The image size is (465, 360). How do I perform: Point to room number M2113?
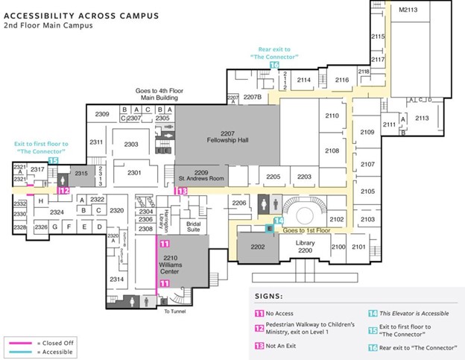(x=407, y=10)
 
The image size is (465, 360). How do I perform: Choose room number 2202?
(x=258, y=247)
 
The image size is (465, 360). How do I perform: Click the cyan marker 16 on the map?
(x=274, y=66)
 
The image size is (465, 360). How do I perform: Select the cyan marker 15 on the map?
(x=53, y=160)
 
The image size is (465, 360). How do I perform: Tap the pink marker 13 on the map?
(x=180, y=191)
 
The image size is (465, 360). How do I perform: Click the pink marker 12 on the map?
(x=64, y=191)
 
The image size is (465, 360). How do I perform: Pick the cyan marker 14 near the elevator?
(x=278, y=221)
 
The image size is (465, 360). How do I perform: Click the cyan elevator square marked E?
(x=269, y=228)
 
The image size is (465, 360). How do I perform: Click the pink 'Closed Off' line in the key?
(x=28, y=342)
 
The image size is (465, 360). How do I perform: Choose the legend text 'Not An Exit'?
(x=291, y=345)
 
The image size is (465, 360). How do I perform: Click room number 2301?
(x=134, y=173)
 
